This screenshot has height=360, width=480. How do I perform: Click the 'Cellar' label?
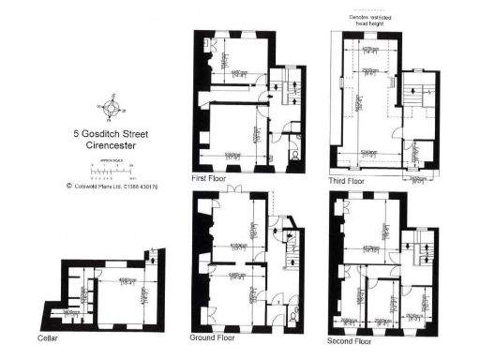pyautogui.click(x=49, y=337)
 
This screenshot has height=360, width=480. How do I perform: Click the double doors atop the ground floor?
pyautogui.click(x=233, y=193)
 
